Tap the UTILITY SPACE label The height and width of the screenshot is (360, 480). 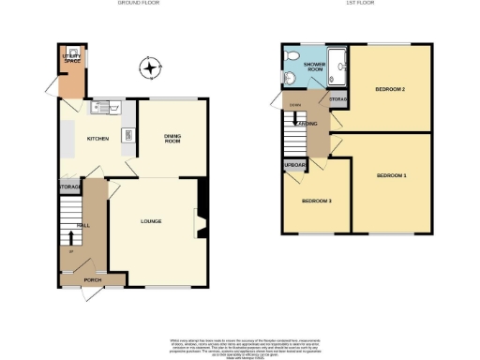[x=70, y=57]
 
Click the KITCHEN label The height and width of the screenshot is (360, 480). [x=98, y=139]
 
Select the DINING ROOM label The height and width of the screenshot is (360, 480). [x=172, y=139]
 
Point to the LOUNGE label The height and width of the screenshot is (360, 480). [x=151, y=221]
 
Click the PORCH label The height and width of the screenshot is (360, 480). [x=92, y=279]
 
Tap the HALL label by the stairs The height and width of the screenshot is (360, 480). [x=82, y=226]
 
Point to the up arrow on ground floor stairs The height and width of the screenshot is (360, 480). [x=67, y=250]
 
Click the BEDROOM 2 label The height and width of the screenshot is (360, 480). [x=390, y=89]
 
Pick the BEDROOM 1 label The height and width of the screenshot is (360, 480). [x=392, y=175]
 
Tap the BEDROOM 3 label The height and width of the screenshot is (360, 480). [x=317, y=201]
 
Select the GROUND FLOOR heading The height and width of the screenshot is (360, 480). [x=137, y=4]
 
